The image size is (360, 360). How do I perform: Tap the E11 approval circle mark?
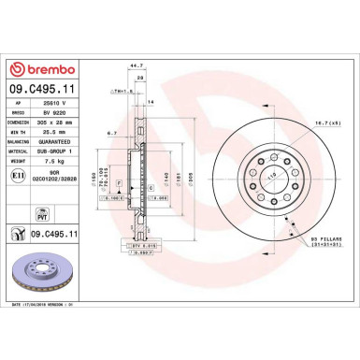[x=17, y=174]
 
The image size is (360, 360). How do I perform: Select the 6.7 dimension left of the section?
[x=110, y=134]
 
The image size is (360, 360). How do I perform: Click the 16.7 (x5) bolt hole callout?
[x=326, y=122]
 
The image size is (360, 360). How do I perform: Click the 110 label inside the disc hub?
[x=273, y=175]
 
